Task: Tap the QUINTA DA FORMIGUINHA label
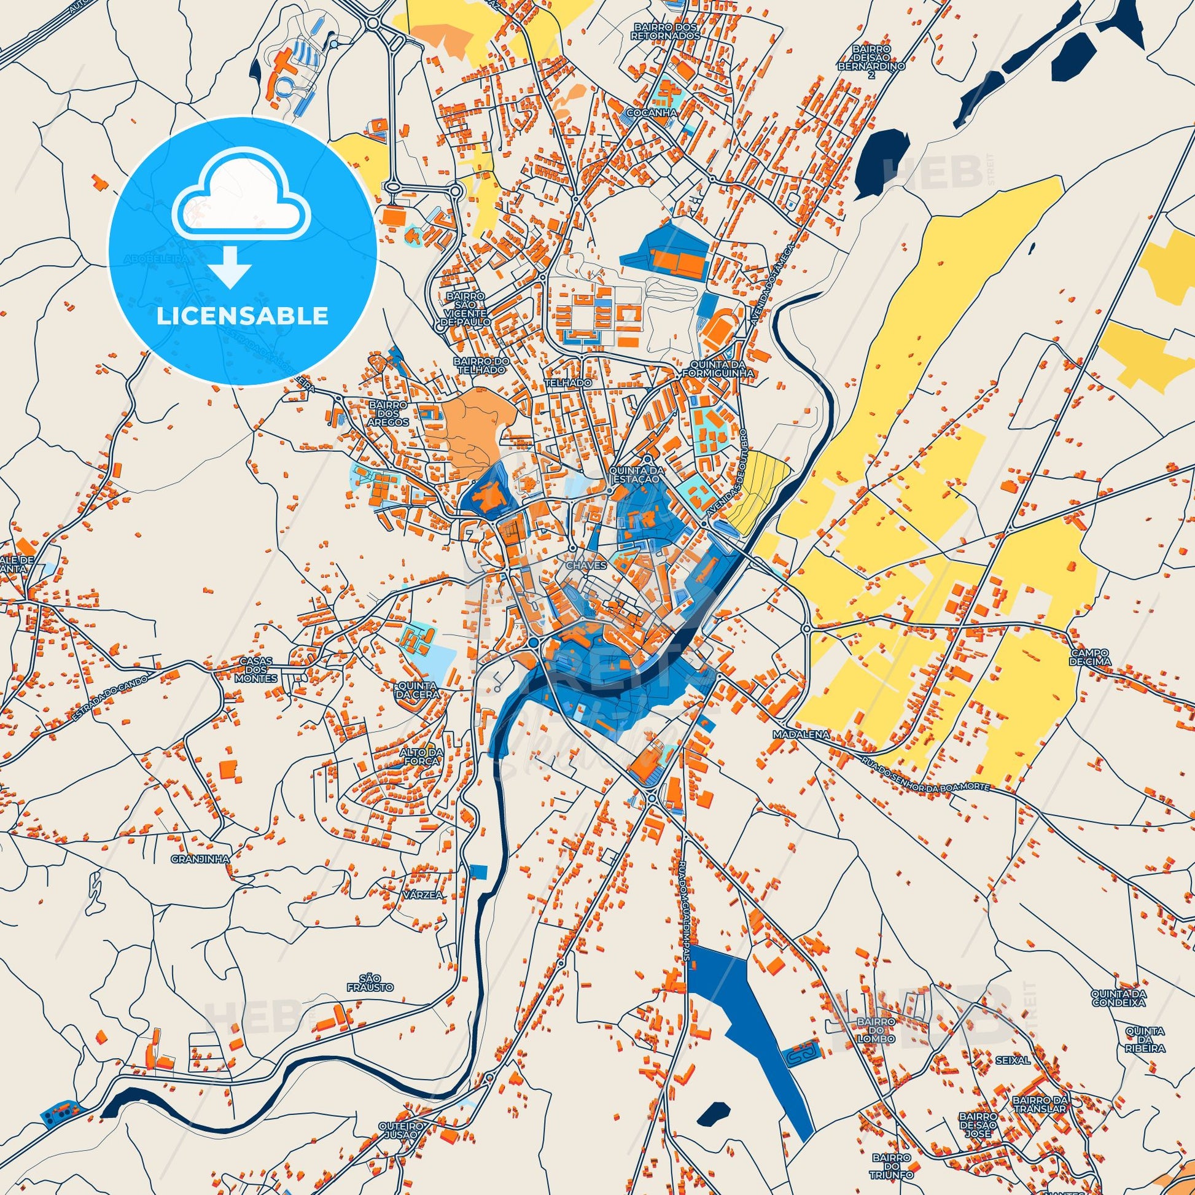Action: coord(718,368)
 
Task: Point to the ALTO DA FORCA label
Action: coord(419,756)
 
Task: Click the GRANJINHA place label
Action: coord(192,859)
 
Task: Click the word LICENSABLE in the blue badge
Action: coord(242,316)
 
